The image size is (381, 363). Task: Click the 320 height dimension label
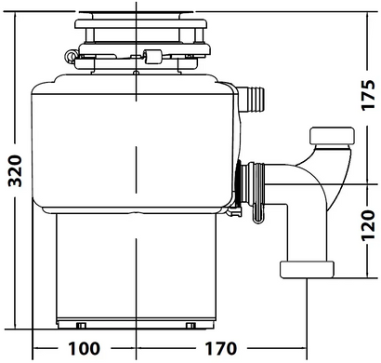(15, 170)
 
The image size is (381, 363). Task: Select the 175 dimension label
(368, 95)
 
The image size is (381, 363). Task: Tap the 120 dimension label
(368, 225)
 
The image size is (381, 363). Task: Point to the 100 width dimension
(84, 348)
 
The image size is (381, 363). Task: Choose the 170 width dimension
(221, 348)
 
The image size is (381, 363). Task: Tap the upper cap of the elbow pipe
(332, 136)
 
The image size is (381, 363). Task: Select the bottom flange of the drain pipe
(307, 269)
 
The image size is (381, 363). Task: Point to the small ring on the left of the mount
(70, 57)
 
